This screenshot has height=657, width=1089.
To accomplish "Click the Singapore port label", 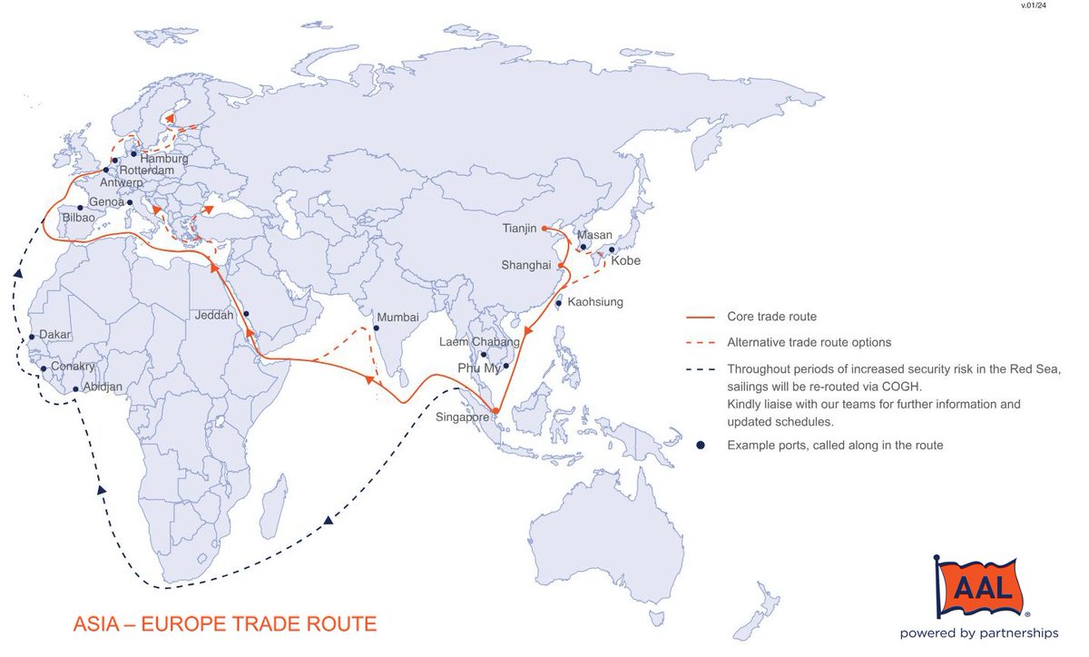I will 462,417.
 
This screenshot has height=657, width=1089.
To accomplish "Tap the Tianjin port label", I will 519,229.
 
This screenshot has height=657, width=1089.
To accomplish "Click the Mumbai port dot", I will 376,328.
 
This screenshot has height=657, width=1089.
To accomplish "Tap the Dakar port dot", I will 33,337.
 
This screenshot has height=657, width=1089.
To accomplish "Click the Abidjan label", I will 103,387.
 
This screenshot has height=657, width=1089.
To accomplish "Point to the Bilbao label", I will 78,219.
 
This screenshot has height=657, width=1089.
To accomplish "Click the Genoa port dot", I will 130,202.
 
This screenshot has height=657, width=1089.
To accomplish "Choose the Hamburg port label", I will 164,159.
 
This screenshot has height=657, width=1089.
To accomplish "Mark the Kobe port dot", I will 612,250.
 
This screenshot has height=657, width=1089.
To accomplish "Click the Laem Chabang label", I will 479,342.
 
